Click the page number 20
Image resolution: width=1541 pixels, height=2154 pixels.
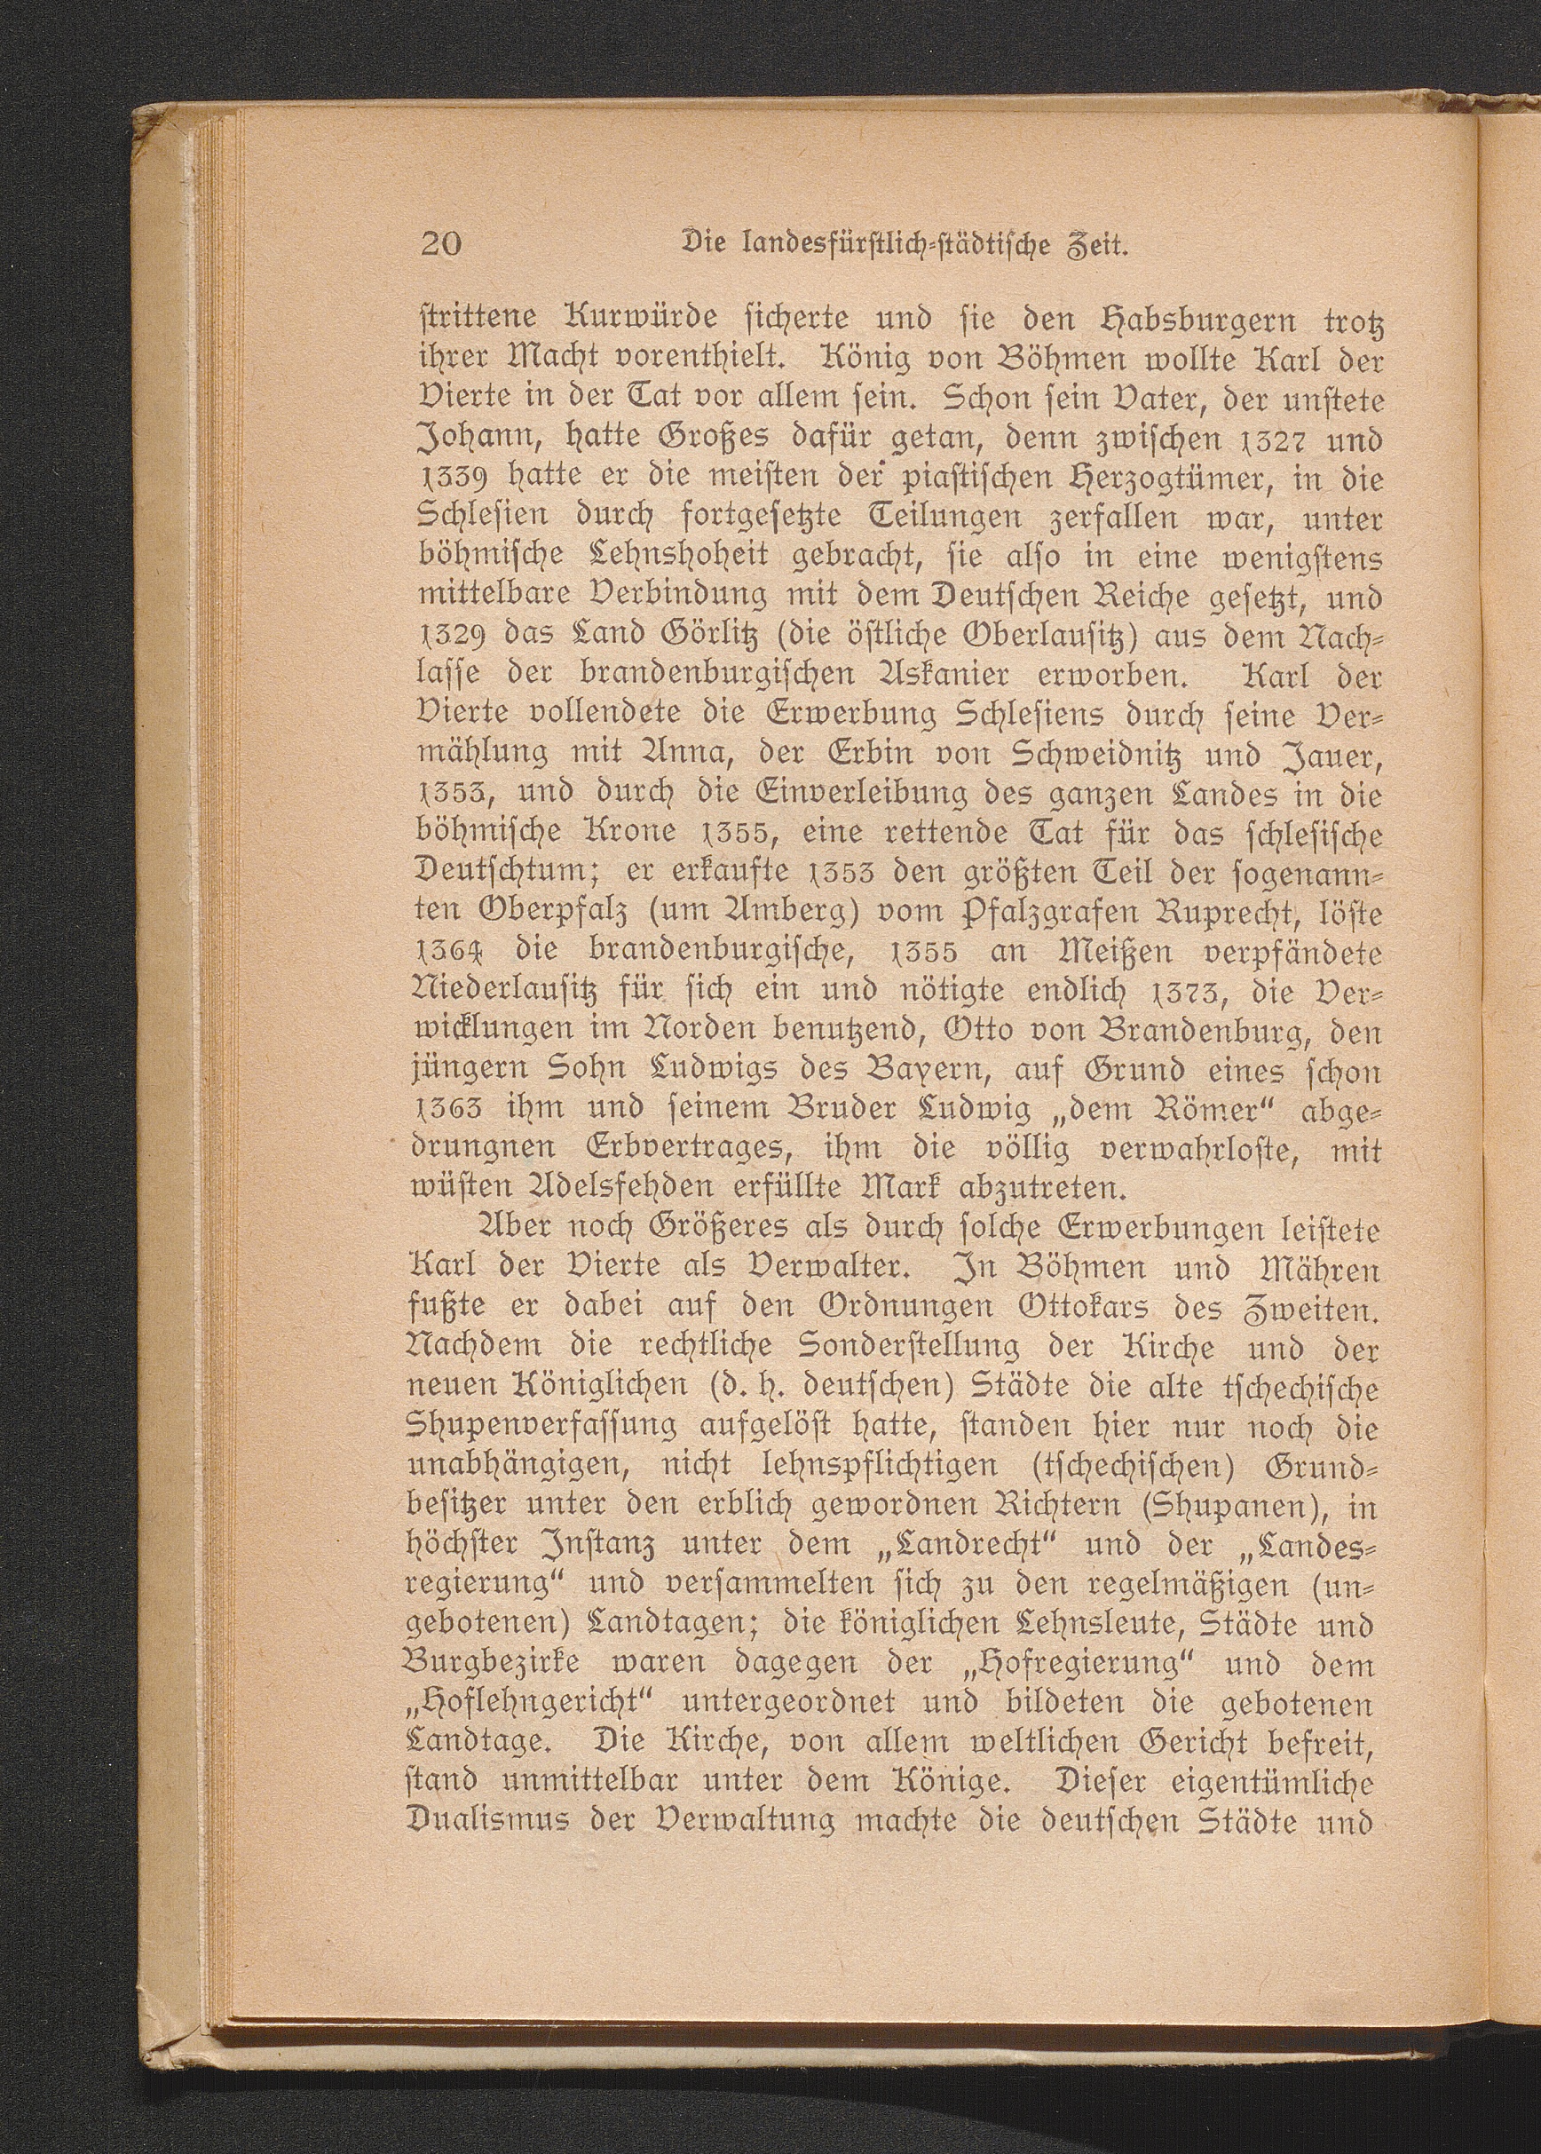click(440, 245)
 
